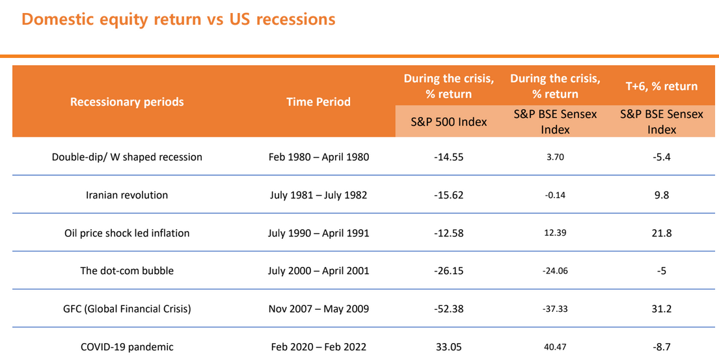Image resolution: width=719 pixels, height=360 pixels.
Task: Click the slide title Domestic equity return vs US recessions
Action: pos(178,20)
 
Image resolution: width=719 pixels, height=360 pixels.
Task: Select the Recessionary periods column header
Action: pos(127,102)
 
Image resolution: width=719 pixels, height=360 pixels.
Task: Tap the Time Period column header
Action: pos(319,102)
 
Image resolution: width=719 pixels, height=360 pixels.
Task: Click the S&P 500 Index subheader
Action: pos(449,122)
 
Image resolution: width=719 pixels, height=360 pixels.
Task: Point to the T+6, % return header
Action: pos(662,86)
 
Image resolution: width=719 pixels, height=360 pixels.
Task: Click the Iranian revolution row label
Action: pos(127,195)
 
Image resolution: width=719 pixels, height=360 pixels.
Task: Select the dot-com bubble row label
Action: pos(127,271)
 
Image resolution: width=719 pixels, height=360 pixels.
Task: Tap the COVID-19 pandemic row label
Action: pos(127,347)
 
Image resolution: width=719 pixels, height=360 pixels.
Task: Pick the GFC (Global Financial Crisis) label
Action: pos(127,309)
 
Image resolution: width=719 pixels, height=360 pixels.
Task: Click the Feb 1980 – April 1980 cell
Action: pos(319,157)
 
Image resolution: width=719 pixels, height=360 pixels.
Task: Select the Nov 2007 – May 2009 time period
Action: pos(319,309)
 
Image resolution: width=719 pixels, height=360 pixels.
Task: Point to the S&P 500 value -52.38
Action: pos(449,309)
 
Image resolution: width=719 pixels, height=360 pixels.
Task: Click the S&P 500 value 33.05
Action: pos(449,347)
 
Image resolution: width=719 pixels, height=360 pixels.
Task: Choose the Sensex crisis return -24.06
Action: pos(555,271)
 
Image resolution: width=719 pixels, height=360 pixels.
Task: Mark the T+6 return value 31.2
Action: pos(662,309)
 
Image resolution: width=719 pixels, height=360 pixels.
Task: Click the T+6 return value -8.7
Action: pos(662,347)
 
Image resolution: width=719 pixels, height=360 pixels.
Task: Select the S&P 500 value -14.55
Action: pos(449,157)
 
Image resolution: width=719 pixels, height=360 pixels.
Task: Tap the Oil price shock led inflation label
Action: pos(127,233)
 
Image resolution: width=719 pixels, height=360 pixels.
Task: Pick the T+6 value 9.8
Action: pos(662,195)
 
